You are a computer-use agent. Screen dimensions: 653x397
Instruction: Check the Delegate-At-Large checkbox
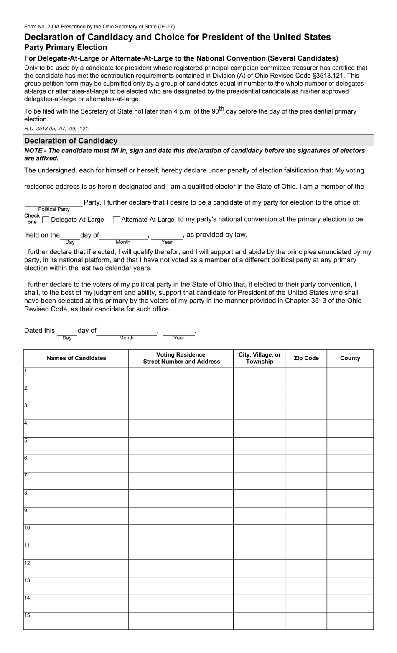46,220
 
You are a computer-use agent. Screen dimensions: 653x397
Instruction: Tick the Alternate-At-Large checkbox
117,220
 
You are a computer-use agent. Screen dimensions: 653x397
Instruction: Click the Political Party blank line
53,203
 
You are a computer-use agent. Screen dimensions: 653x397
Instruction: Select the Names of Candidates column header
76,358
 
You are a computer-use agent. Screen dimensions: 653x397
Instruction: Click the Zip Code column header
306,358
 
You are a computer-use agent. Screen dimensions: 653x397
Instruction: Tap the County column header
350,358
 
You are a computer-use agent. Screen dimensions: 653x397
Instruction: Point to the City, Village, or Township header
260,358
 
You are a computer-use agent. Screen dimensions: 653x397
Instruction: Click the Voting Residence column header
181,358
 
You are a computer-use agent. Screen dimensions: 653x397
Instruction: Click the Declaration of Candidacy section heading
71,141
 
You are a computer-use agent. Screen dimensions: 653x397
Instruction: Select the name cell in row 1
76,376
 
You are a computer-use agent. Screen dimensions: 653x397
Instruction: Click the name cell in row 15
76,620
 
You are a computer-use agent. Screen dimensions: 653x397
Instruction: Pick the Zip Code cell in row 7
306,481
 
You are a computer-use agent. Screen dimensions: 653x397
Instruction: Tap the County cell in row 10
350,533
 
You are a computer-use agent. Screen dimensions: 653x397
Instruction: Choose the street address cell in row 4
181,428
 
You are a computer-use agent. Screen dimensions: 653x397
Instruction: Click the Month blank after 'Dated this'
127,332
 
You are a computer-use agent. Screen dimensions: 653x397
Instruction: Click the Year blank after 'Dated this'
179,332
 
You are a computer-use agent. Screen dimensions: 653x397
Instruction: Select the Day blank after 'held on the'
70,236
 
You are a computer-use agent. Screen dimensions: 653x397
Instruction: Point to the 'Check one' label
32,219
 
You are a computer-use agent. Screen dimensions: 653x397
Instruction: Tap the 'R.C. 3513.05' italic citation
57,129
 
